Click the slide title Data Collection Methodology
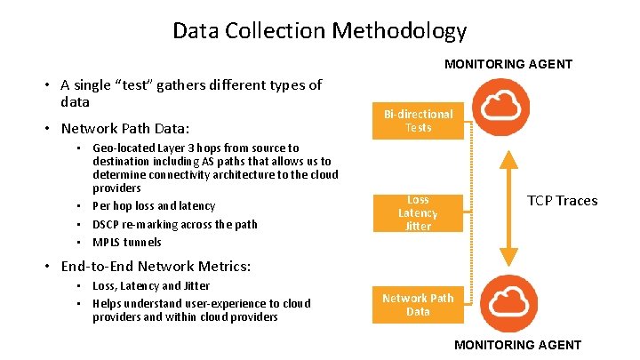coord(319,31)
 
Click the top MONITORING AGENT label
coord(508,64)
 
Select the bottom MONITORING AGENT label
coord(517,345)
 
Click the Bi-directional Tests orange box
coord(418,121)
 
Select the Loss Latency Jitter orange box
coord(418,213)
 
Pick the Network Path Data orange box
coord(418,305)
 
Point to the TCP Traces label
coord(563,200)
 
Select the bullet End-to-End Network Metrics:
coord(156,266)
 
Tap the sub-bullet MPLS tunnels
coord(127,242)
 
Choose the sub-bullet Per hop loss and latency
coord(154,206)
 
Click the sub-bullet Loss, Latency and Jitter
coord(151,286)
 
